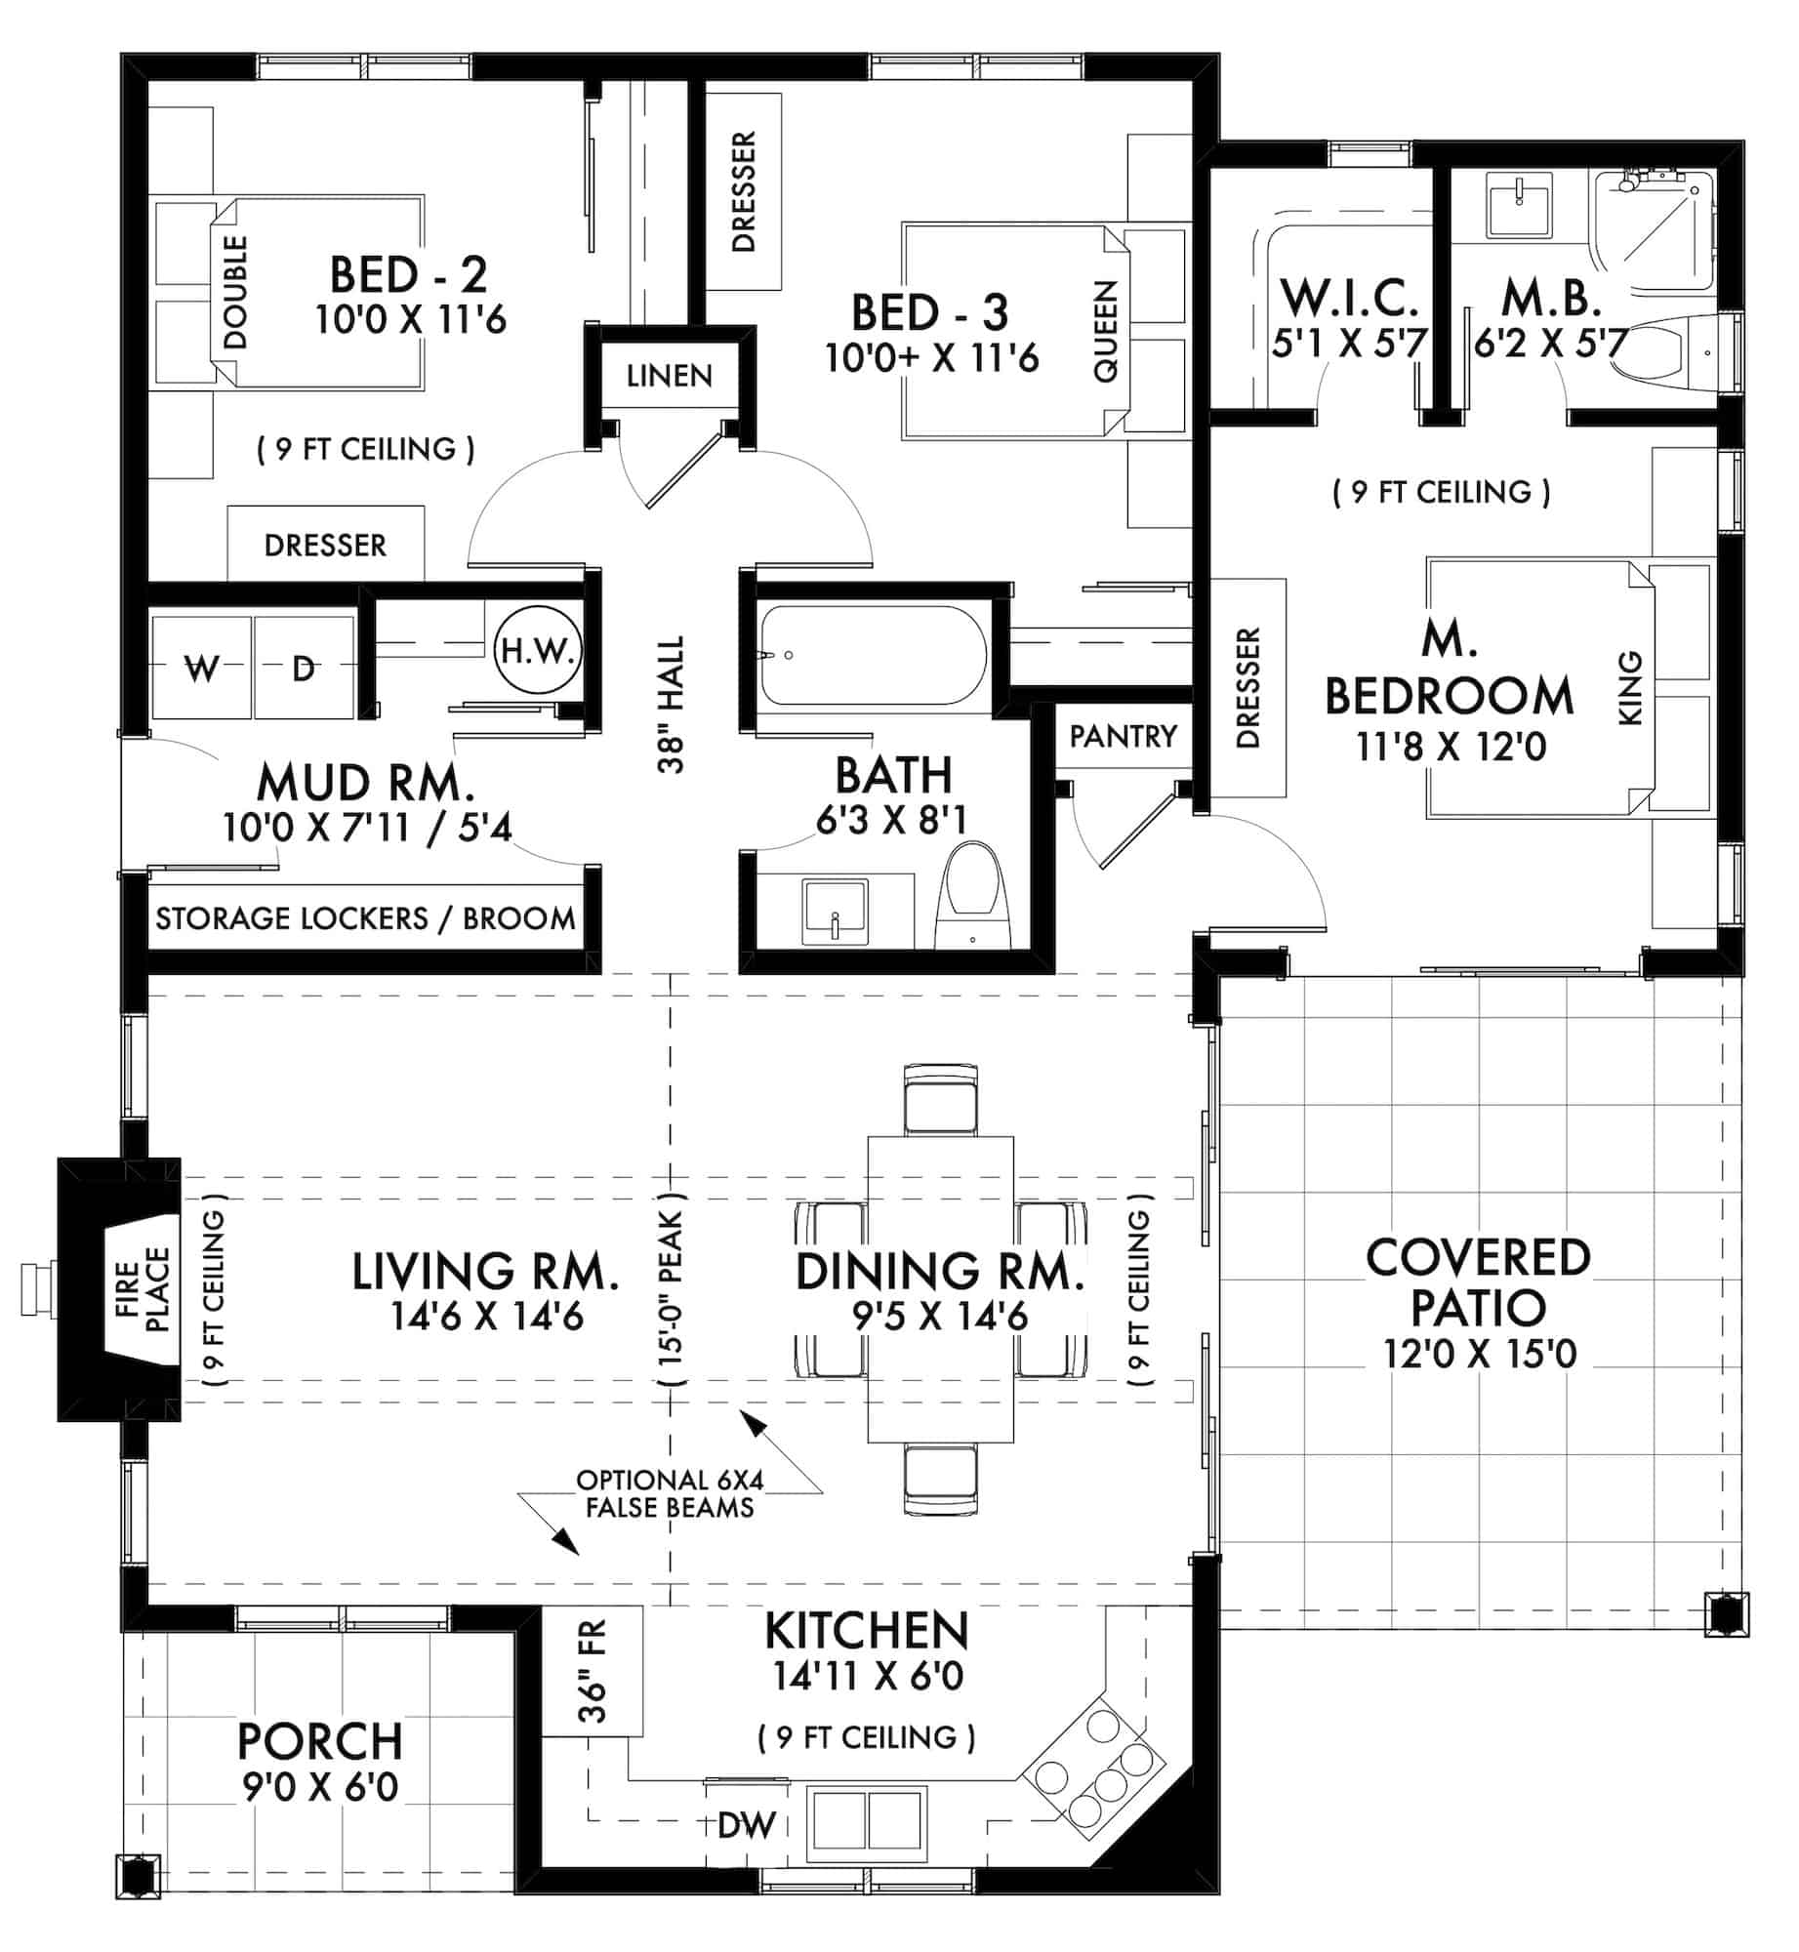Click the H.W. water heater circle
(x=538, y=650)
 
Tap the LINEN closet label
(x=670, y=376)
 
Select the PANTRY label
(x=1124, y=736)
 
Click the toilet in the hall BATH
(x=971, y=896)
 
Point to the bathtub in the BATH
(x=874, y=655)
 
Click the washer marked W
(x=202, y=669)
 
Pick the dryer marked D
(x=304, y=669)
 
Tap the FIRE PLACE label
(x=143, y=1289)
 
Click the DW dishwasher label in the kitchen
(x=747, y=1824)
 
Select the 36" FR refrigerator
(x=593, y=1671)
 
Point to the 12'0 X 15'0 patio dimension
(x=1480, y=1354)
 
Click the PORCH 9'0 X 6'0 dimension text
(x=320, y=1787)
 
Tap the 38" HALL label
(x=672, y=705)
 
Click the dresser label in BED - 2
(x=325, y=545)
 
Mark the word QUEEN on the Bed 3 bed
(x=1105, y=332)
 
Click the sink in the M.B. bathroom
(x=1519, y=205)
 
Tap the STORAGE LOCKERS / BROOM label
(x=365, y=918)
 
